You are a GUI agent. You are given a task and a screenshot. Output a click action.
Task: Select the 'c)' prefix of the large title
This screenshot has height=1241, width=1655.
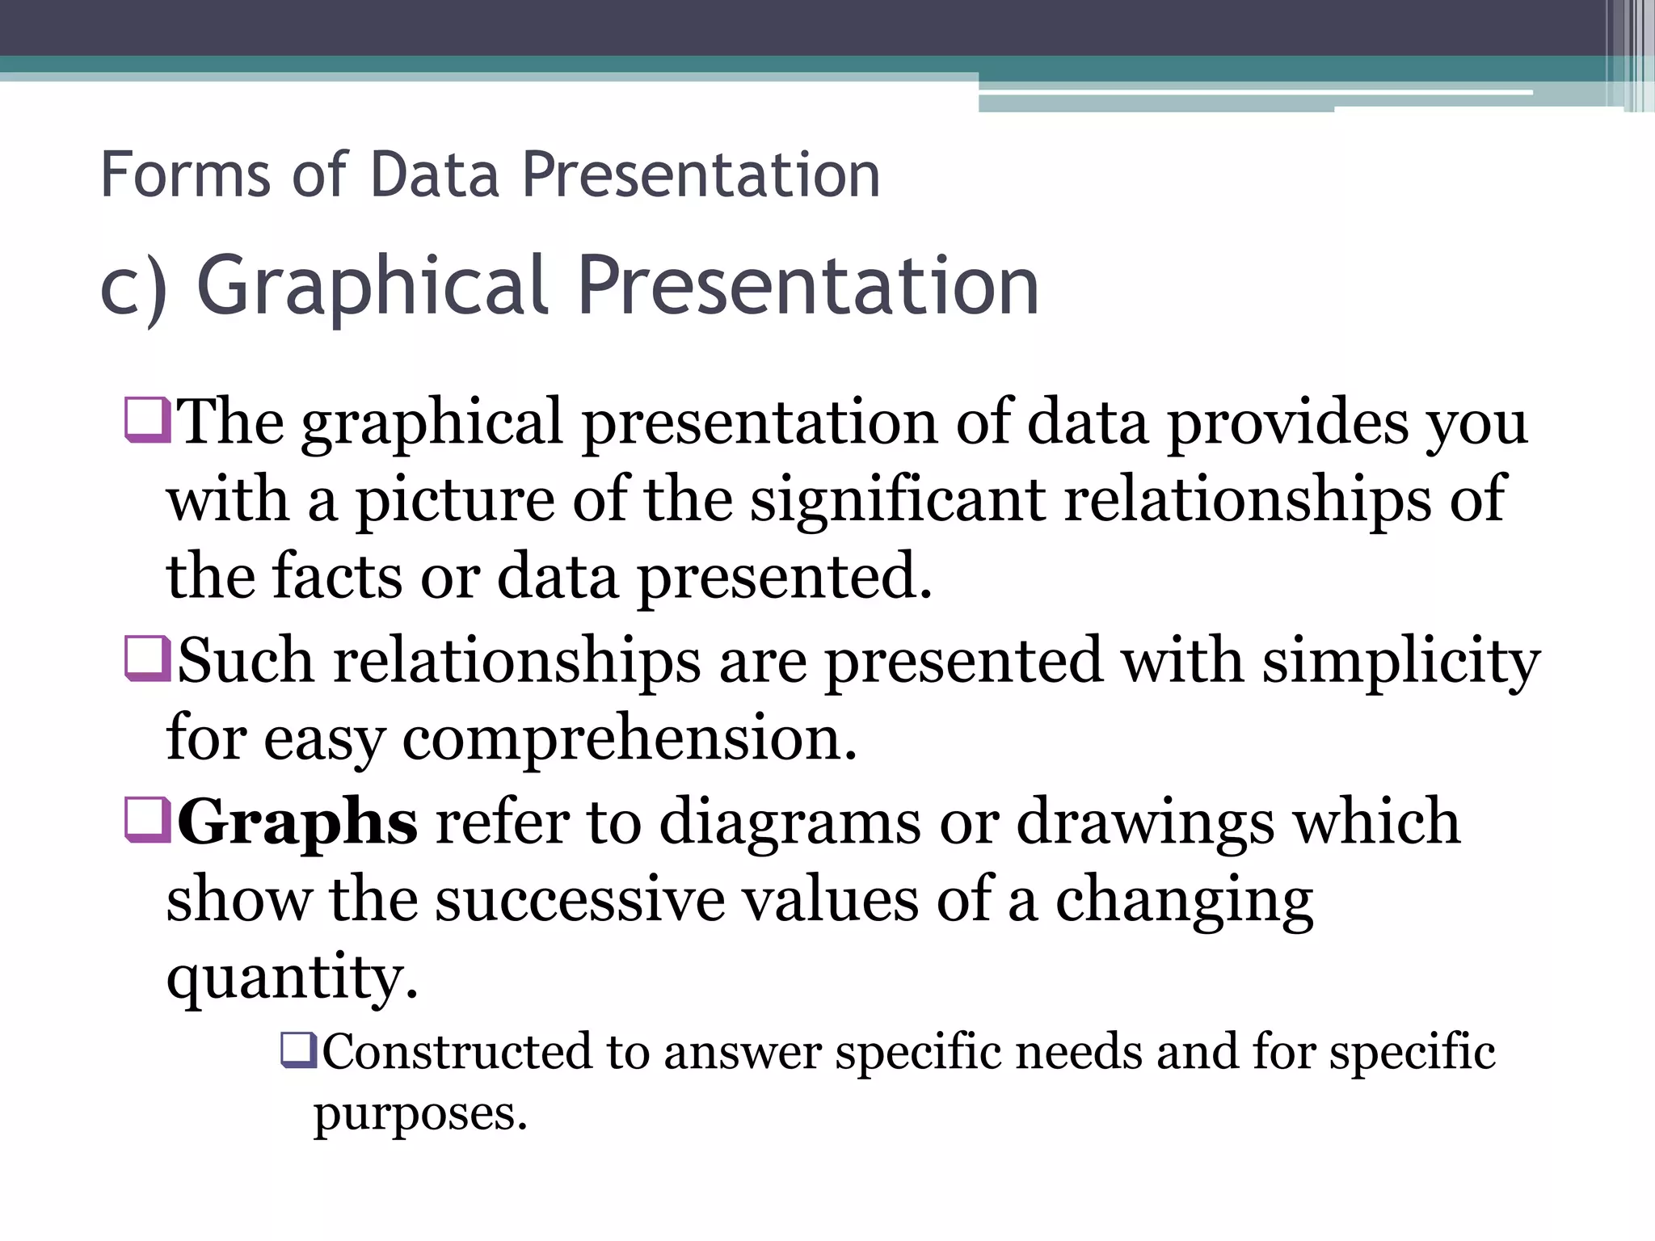[x=133, y=287]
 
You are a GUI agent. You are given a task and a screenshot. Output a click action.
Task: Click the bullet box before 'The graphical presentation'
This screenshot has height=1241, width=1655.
[x=147, y=419]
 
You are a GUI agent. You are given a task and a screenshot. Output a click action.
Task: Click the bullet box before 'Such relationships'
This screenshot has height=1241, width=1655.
[x=147, y=658]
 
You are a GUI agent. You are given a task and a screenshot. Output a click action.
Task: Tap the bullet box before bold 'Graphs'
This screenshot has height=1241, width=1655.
[x=147, y=819]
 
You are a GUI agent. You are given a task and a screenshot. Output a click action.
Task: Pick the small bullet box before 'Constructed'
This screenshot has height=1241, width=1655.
[x=299, y=1050]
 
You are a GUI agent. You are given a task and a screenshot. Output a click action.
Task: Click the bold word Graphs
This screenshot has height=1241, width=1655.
[x=297, y=822]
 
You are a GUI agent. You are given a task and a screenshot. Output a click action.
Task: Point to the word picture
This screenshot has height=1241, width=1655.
[x=455, y=501]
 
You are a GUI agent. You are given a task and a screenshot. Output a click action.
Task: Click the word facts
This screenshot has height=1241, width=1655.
[x=337, y=577]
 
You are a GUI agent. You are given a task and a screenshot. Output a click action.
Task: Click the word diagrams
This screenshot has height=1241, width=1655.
[x=790, y=822]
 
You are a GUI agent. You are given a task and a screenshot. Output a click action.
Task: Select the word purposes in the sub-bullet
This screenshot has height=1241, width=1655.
[x=420, y=1115]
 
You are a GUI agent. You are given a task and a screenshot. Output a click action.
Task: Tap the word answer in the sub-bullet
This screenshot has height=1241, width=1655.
[x=743, y=1053]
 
